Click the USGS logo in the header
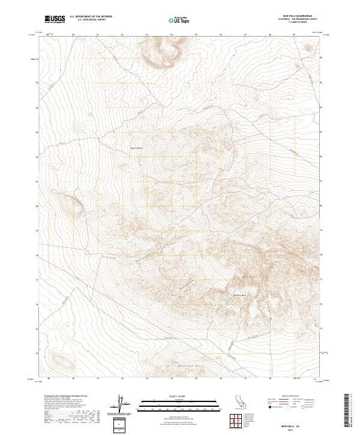(x=55, y=19)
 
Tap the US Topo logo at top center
(x=180, y=20)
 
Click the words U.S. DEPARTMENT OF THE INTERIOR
(x=91, y=17)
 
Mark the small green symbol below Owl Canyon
(x=270, y=318)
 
